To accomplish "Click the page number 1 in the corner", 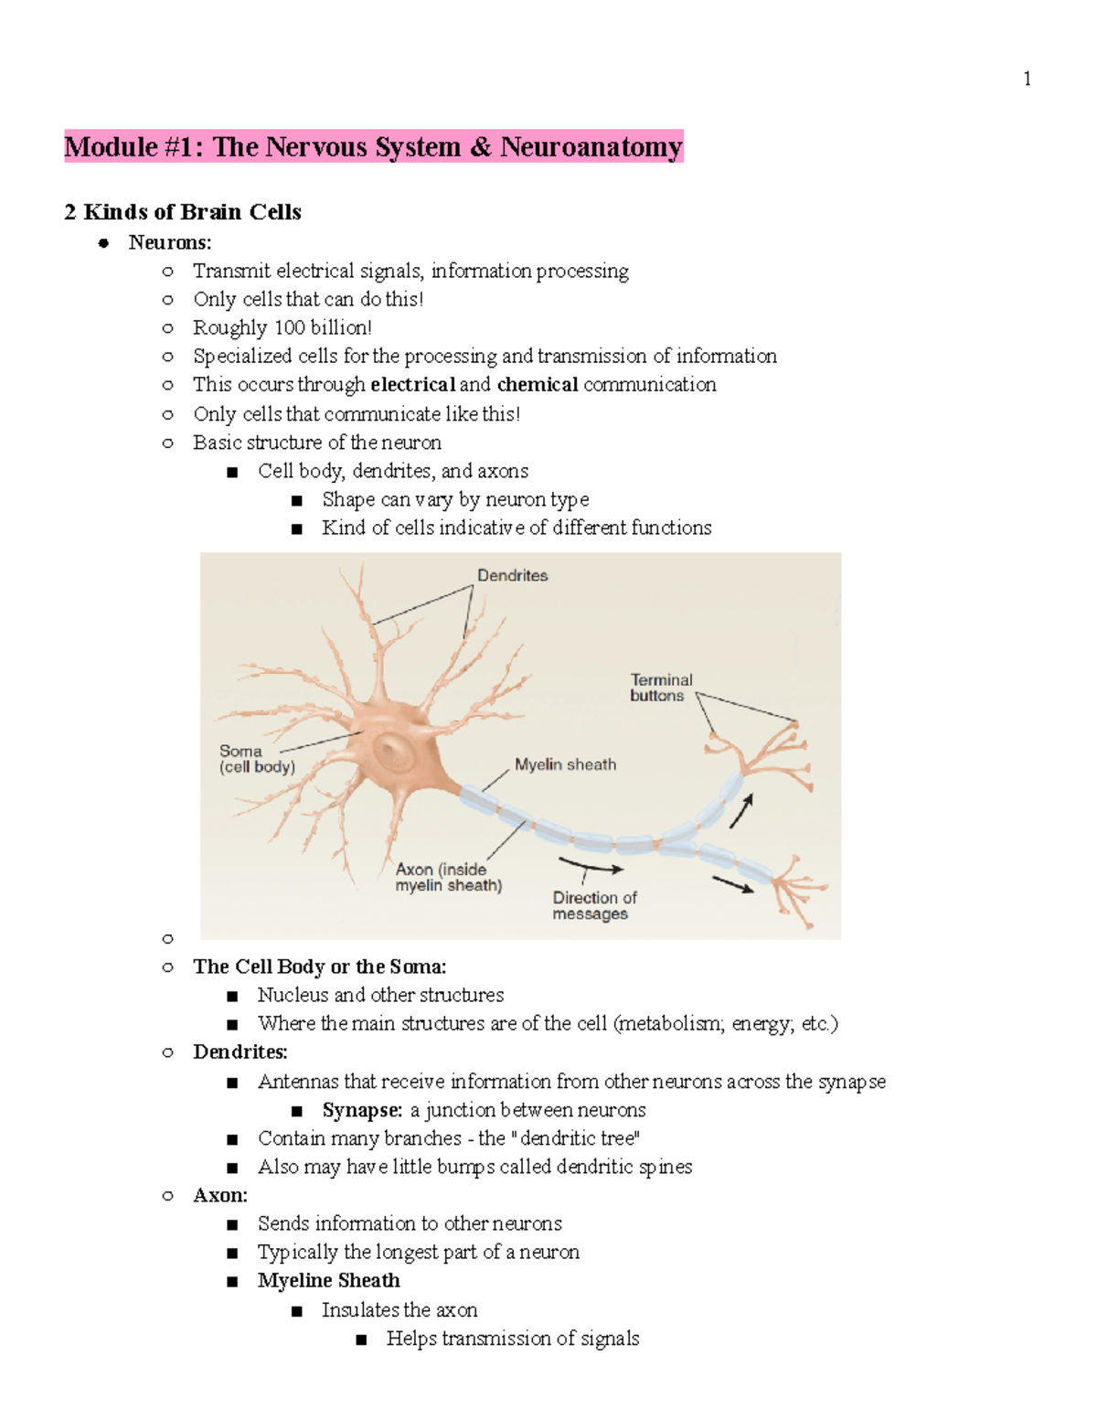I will [x=1028, y=79].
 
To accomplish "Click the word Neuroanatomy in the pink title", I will [x=591, y=147].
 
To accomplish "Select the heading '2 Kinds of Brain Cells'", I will [x=183, y=212].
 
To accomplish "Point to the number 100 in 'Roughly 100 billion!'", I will [x=290, y=327].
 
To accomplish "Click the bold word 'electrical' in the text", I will [x=412, y=385].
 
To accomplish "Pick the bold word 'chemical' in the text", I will [x=538, y=385].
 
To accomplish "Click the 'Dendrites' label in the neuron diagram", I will [x=512, y=575].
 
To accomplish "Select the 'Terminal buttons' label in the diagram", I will [x=661, y=688].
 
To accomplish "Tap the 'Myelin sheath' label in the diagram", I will [x=565, y=764].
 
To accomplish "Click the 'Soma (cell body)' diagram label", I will [x=257, y=759].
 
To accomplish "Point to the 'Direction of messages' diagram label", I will [x=593, y=905].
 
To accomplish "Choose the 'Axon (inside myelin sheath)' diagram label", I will [x=448, y=877].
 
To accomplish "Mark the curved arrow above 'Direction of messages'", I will [x=591, y=866].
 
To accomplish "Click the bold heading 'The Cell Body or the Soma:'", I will [x=319, y=966].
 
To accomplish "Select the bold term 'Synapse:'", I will [x=362, y=1110].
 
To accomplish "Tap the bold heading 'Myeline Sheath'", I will [x=328, y=1280].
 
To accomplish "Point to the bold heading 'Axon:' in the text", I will [x=220, y=1195].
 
